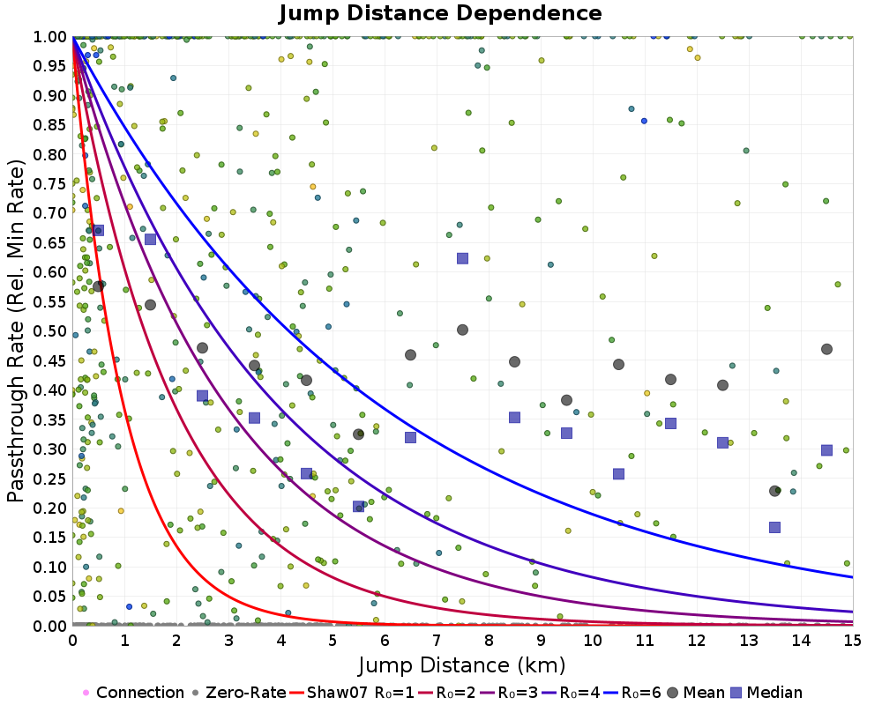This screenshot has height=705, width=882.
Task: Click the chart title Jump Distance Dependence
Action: [440, 13]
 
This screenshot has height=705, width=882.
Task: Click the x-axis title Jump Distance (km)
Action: [462, 664]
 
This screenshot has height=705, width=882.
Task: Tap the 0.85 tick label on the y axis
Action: [51, 125]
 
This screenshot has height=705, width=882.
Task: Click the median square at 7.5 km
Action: [462, 258]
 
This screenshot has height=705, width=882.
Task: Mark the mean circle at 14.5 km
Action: [826, 349]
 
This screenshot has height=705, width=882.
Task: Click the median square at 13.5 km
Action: [774, 527]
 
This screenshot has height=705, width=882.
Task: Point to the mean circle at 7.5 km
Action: [462, 330]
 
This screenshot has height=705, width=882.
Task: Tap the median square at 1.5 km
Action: [151, 239]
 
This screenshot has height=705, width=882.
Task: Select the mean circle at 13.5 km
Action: [774, 491]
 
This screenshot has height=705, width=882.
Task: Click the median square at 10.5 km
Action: [618, 473]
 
